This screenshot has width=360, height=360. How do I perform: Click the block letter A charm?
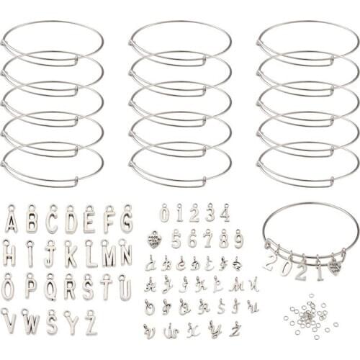pos(11,220)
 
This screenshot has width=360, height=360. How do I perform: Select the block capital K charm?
pos(70,254)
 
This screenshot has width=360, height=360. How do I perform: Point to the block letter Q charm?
pos(50,288)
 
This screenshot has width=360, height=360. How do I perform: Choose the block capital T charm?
pos(107,288)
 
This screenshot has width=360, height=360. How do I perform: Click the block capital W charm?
pos(30,322)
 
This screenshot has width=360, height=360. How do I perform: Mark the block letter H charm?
pos(10,254)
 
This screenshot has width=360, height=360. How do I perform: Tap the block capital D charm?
pos(70,220)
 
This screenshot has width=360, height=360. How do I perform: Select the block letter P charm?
pos(30,288)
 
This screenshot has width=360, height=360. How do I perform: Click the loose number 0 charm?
pos(164,214)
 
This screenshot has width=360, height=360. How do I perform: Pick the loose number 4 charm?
pos(225,214)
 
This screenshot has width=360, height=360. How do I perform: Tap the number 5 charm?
pos(176,238)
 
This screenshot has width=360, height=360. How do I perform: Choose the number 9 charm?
pos(238,238)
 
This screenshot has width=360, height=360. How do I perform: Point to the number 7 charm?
pos(207,238)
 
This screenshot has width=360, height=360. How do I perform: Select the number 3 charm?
pos(210,214)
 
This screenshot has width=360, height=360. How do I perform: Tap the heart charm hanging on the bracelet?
pos(335,266)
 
